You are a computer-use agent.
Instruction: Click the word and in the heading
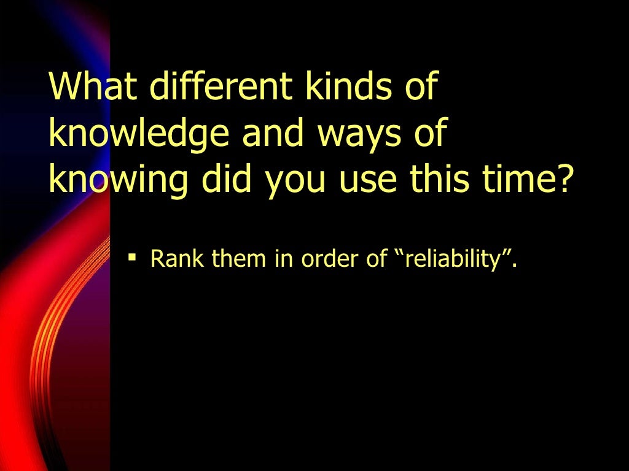pyautogui.click(x=268, y=134)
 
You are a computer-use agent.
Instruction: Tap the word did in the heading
pyautogui.click(x=227, y=180)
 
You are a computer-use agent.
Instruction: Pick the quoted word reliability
pyautogui.click(x=451, y=259)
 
